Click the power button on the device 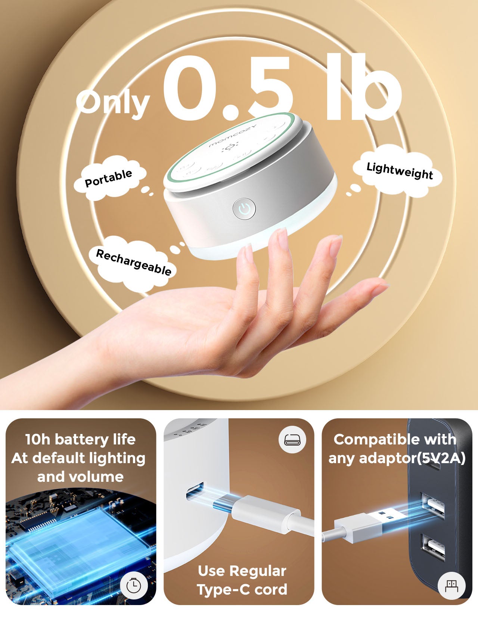point(244,209)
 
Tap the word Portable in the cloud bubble point(108,178)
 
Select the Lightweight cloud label point(399,171)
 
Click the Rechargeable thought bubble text point(134,262)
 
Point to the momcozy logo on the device point(232,136)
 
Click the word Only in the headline point(113,103)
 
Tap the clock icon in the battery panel point(134,586)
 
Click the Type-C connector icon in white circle point(292,440)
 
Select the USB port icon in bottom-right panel point(451,586)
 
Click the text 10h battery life point(80,439)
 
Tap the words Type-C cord point(242,589)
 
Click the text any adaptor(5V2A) point(397,458)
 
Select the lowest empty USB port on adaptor point(433,547)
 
